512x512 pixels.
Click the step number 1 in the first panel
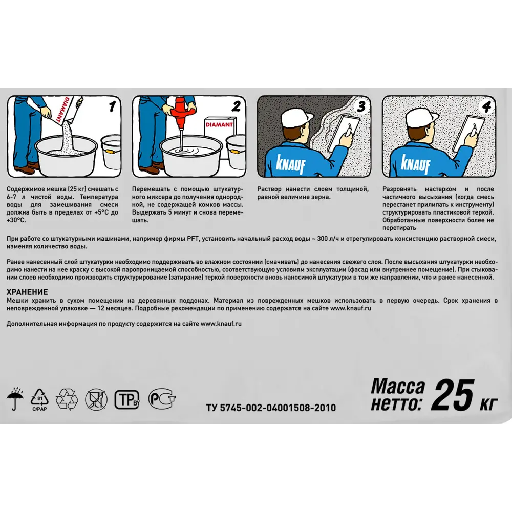point(112,106)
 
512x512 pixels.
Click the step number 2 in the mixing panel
point(236,106)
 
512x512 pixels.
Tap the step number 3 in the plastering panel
point(361,106)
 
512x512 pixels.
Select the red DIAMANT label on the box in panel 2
point(219,124)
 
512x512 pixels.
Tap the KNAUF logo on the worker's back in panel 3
point(290,164)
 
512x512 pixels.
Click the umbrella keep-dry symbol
point(15,398)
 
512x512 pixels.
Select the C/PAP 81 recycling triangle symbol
point(39,399)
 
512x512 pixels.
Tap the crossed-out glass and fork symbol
point(96,399)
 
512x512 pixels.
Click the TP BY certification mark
point(127,399)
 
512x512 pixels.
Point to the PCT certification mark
point(162,398)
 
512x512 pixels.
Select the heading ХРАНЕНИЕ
point(27,292)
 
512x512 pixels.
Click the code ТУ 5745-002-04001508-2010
point(271,408)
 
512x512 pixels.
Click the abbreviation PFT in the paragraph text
point(193,239)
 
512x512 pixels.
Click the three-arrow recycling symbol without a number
point(67,399)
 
